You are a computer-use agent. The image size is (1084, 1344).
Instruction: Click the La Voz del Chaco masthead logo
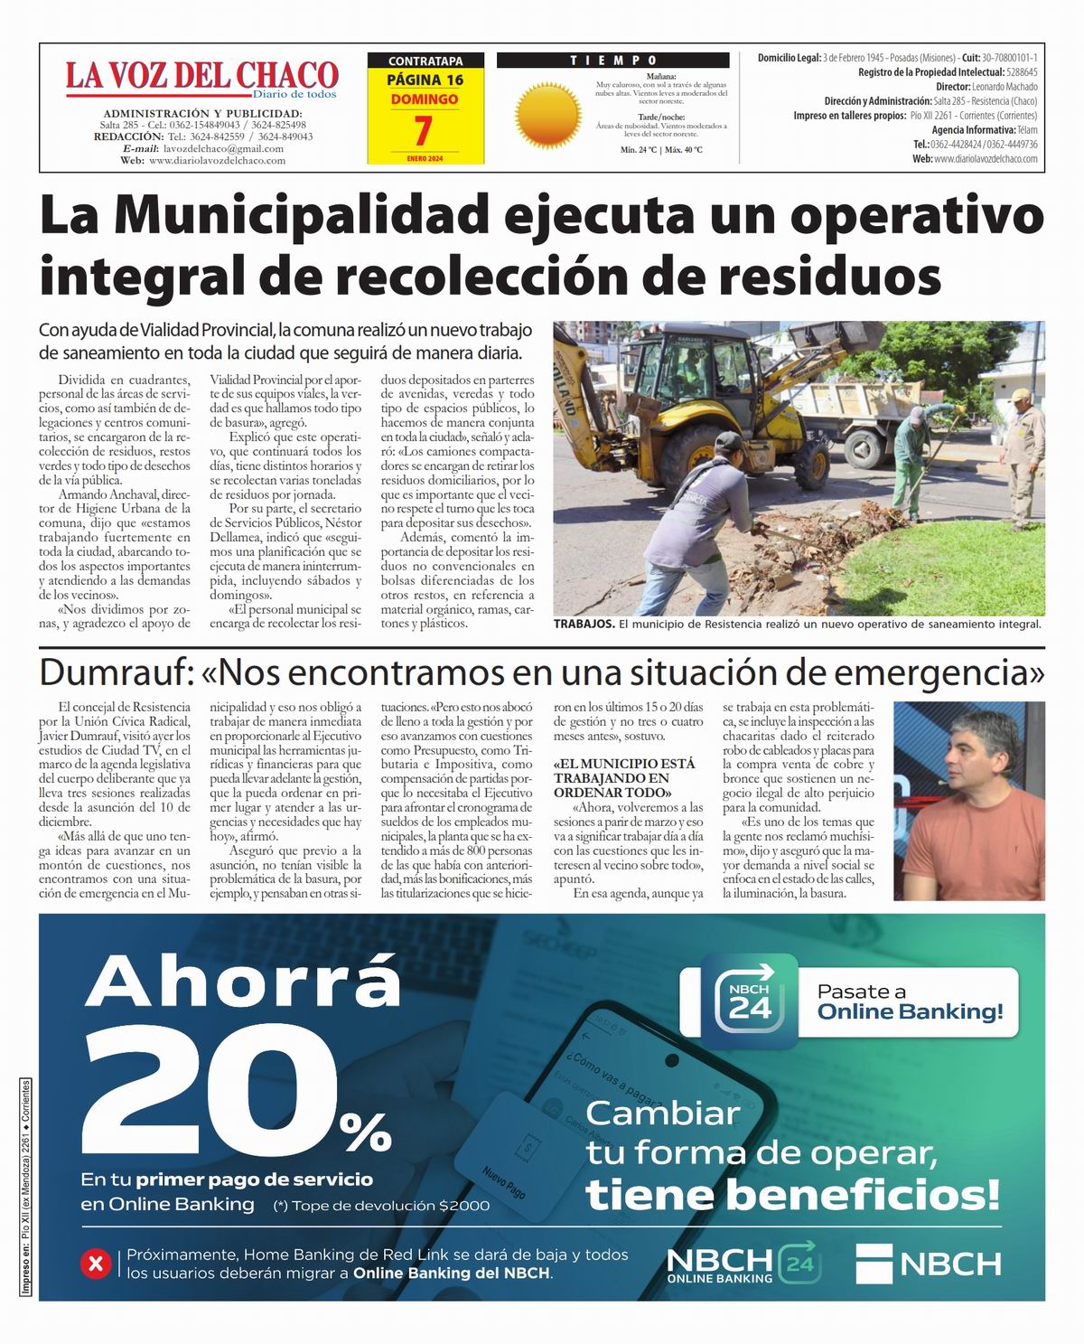(x=201, y=77)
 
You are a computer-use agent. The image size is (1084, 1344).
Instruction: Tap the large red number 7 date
(x=423, y=131)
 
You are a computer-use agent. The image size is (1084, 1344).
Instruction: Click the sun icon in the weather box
(x=547, y=113)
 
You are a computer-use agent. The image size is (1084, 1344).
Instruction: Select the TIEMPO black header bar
(x=612, y=61)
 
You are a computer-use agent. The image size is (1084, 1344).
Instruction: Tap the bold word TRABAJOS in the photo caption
(x=584, y=625)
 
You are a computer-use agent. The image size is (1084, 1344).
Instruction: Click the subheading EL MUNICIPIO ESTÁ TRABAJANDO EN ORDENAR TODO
(x=624, y=777)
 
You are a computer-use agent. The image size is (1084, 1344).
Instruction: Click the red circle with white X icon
(x=96, y=1263)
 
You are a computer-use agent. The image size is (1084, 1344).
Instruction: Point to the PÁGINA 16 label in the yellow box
(x=425, y=80)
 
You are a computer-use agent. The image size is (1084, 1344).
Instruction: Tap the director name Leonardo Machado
(x=1005, y=87)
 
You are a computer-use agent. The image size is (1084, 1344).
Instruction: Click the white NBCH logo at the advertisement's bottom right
(x=929, y=1264)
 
